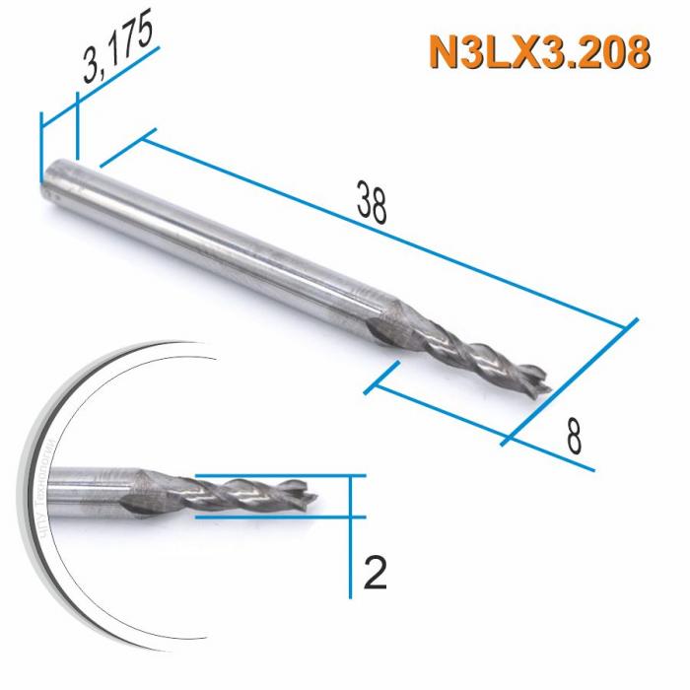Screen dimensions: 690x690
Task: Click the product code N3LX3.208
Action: click(539, 53)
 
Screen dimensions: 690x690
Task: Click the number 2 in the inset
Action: click(375, 572)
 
